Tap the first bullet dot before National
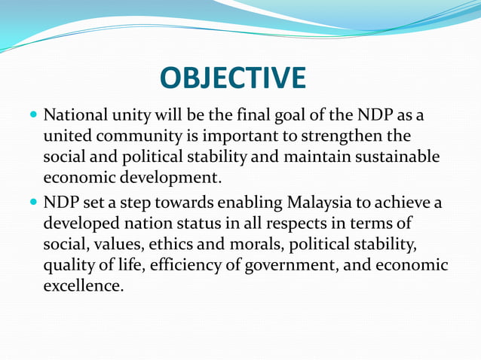coord(32,118)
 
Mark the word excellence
coord(83,286)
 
